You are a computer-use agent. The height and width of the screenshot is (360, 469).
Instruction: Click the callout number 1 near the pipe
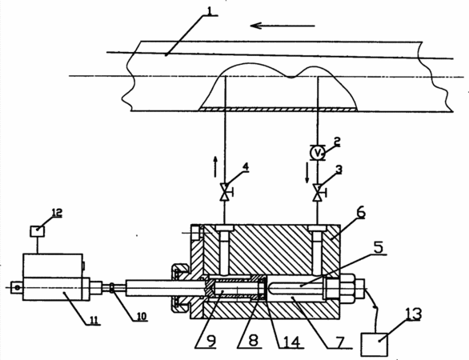coord(210,10)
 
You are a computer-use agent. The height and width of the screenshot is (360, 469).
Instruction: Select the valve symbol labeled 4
coord(226,192)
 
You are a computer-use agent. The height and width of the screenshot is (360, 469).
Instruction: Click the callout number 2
coord(337,141)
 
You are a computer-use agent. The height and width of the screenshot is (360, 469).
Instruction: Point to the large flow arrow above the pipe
coord(283,26)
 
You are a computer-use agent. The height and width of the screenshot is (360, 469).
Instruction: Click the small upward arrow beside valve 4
coord(214,166)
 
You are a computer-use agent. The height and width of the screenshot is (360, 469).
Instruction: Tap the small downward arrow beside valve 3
coord(307,173)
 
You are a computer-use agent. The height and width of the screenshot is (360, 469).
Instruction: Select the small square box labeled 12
coord(38,231)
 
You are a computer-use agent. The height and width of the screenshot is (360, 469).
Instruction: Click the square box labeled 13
coord(375,345)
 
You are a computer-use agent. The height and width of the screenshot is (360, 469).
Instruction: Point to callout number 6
coord(360,213)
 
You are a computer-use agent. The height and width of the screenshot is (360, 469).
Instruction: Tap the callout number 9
coord(211,342)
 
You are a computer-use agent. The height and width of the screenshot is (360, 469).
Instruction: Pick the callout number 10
coord(141,316)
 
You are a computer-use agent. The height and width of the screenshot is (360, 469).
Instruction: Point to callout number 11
coord(94,320)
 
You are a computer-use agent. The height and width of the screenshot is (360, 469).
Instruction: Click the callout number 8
coord(254,342)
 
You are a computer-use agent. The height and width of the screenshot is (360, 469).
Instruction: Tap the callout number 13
coord(413,314)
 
